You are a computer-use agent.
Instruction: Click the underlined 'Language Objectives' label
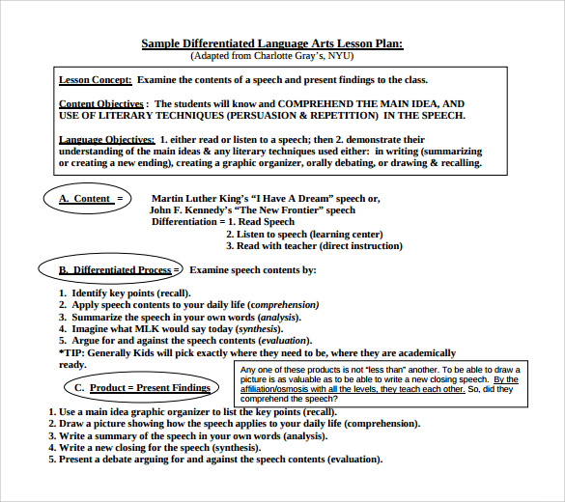pyautogui.click(x=106, y=140)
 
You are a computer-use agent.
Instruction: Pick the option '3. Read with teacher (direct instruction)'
pyautogui.click(x=314, y=246)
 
